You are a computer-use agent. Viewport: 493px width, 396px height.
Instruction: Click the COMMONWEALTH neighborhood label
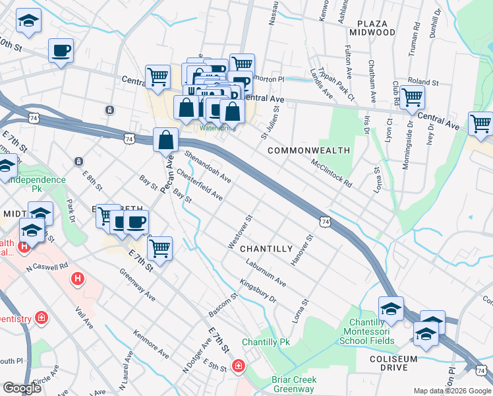309,150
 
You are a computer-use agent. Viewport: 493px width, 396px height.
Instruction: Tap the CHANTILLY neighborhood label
266,249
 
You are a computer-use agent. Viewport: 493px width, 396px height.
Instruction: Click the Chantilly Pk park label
266,343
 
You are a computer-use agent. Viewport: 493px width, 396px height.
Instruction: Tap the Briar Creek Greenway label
294,384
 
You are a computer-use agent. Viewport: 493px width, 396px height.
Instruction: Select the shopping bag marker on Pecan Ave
166,139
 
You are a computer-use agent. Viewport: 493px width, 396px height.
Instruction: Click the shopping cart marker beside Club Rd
412,98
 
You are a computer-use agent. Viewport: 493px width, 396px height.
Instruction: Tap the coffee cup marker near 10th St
61,51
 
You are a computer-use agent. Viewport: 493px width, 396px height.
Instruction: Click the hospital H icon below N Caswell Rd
78,279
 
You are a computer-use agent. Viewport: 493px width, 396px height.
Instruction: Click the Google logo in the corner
22,388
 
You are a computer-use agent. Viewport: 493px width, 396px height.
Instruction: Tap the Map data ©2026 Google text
451,391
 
